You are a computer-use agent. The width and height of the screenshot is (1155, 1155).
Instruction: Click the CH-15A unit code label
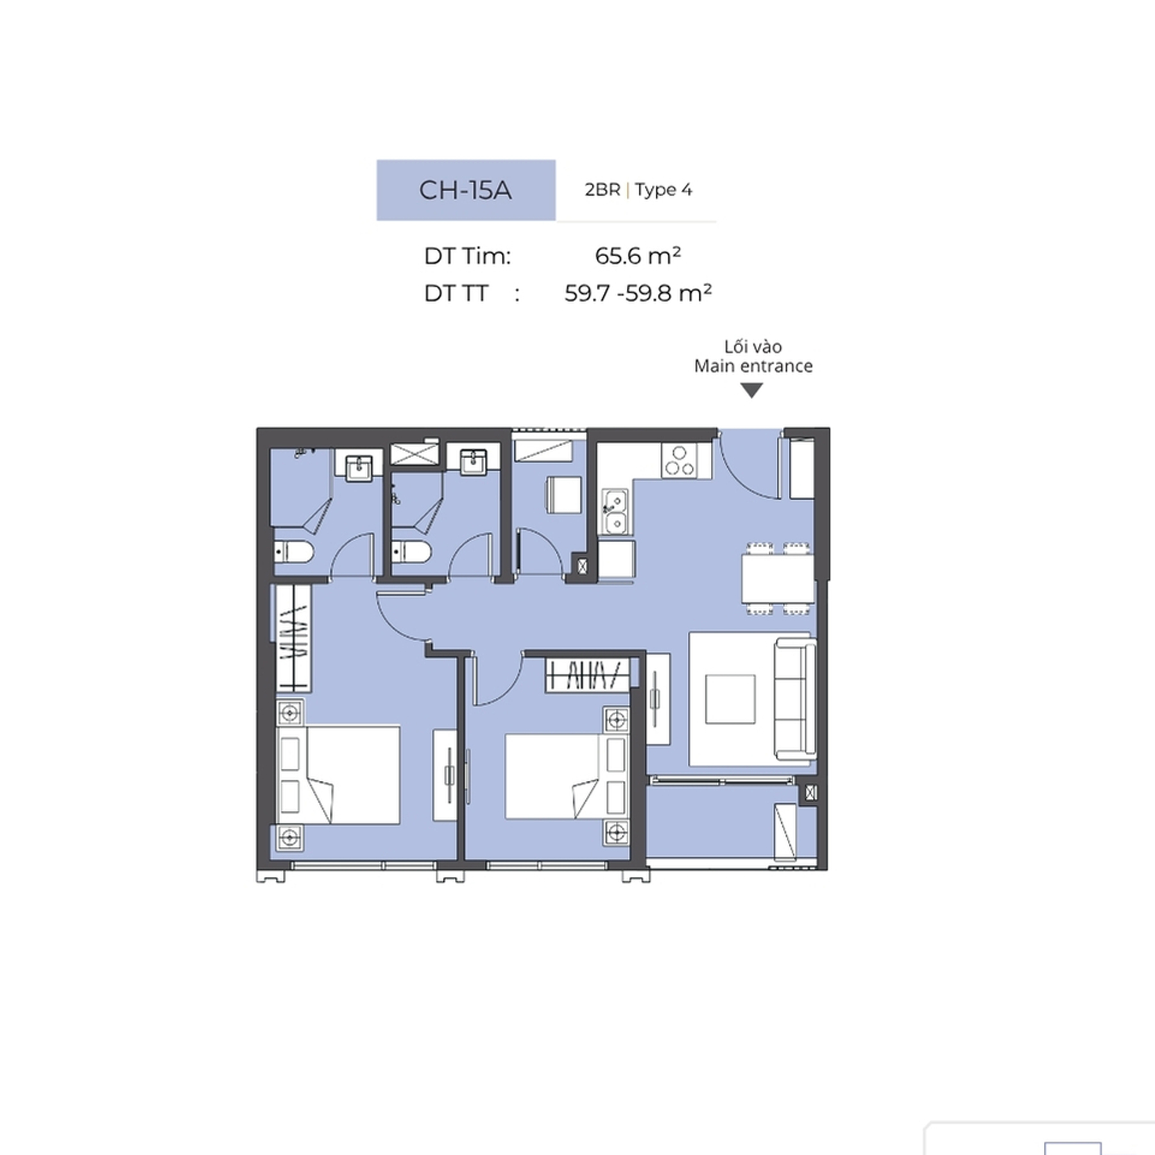pyautogui.click(x=465, y=190)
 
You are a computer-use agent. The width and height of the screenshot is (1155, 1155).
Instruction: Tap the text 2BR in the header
pyautogui.click(x=602, y=190)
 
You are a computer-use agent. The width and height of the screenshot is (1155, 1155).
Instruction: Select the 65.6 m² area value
pyautogui.click(x=637, y=255)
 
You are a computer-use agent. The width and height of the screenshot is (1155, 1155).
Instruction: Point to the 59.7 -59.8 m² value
pyautogui.click(x=638, y=293)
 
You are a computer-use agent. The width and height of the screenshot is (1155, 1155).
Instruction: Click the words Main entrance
pyautogui.click(x=753, y=366)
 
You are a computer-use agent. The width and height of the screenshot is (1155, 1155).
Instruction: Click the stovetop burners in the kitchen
pyautogui.click(x=679, y=459)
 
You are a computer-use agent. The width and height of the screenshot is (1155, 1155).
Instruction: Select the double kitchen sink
pyautogui.click(x=615, y=512)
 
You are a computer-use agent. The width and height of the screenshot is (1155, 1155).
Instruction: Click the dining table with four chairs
pyautogui.click(x=778, y=578)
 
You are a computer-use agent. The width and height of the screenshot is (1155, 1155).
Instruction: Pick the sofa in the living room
pyautogui.click(x=795, y=699)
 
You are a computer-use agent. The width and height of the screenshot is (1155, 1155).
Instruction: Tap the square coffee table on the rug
pyautogui.click(x=730, y=699)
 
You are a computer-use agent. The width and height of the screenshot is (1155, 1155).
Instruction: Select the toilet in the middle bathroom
pyautogui.click(x=411, y=551)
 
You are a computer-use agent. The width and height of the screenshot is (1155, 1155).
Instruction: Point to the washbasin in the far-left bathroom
pyautogui.click(x=359, y=468)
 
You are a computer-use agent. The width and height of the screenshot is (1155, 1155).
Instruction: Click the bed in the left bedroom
pyautogui.click(x=338, y=774)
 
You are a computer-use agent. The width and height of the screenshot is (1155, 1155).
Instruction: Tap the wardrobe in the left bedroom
pyautogui.click(x=293, y=638)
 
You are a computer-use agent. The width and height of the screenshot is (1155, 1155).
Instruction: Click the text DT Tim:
pyautogui.click(x=467, y=256)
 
